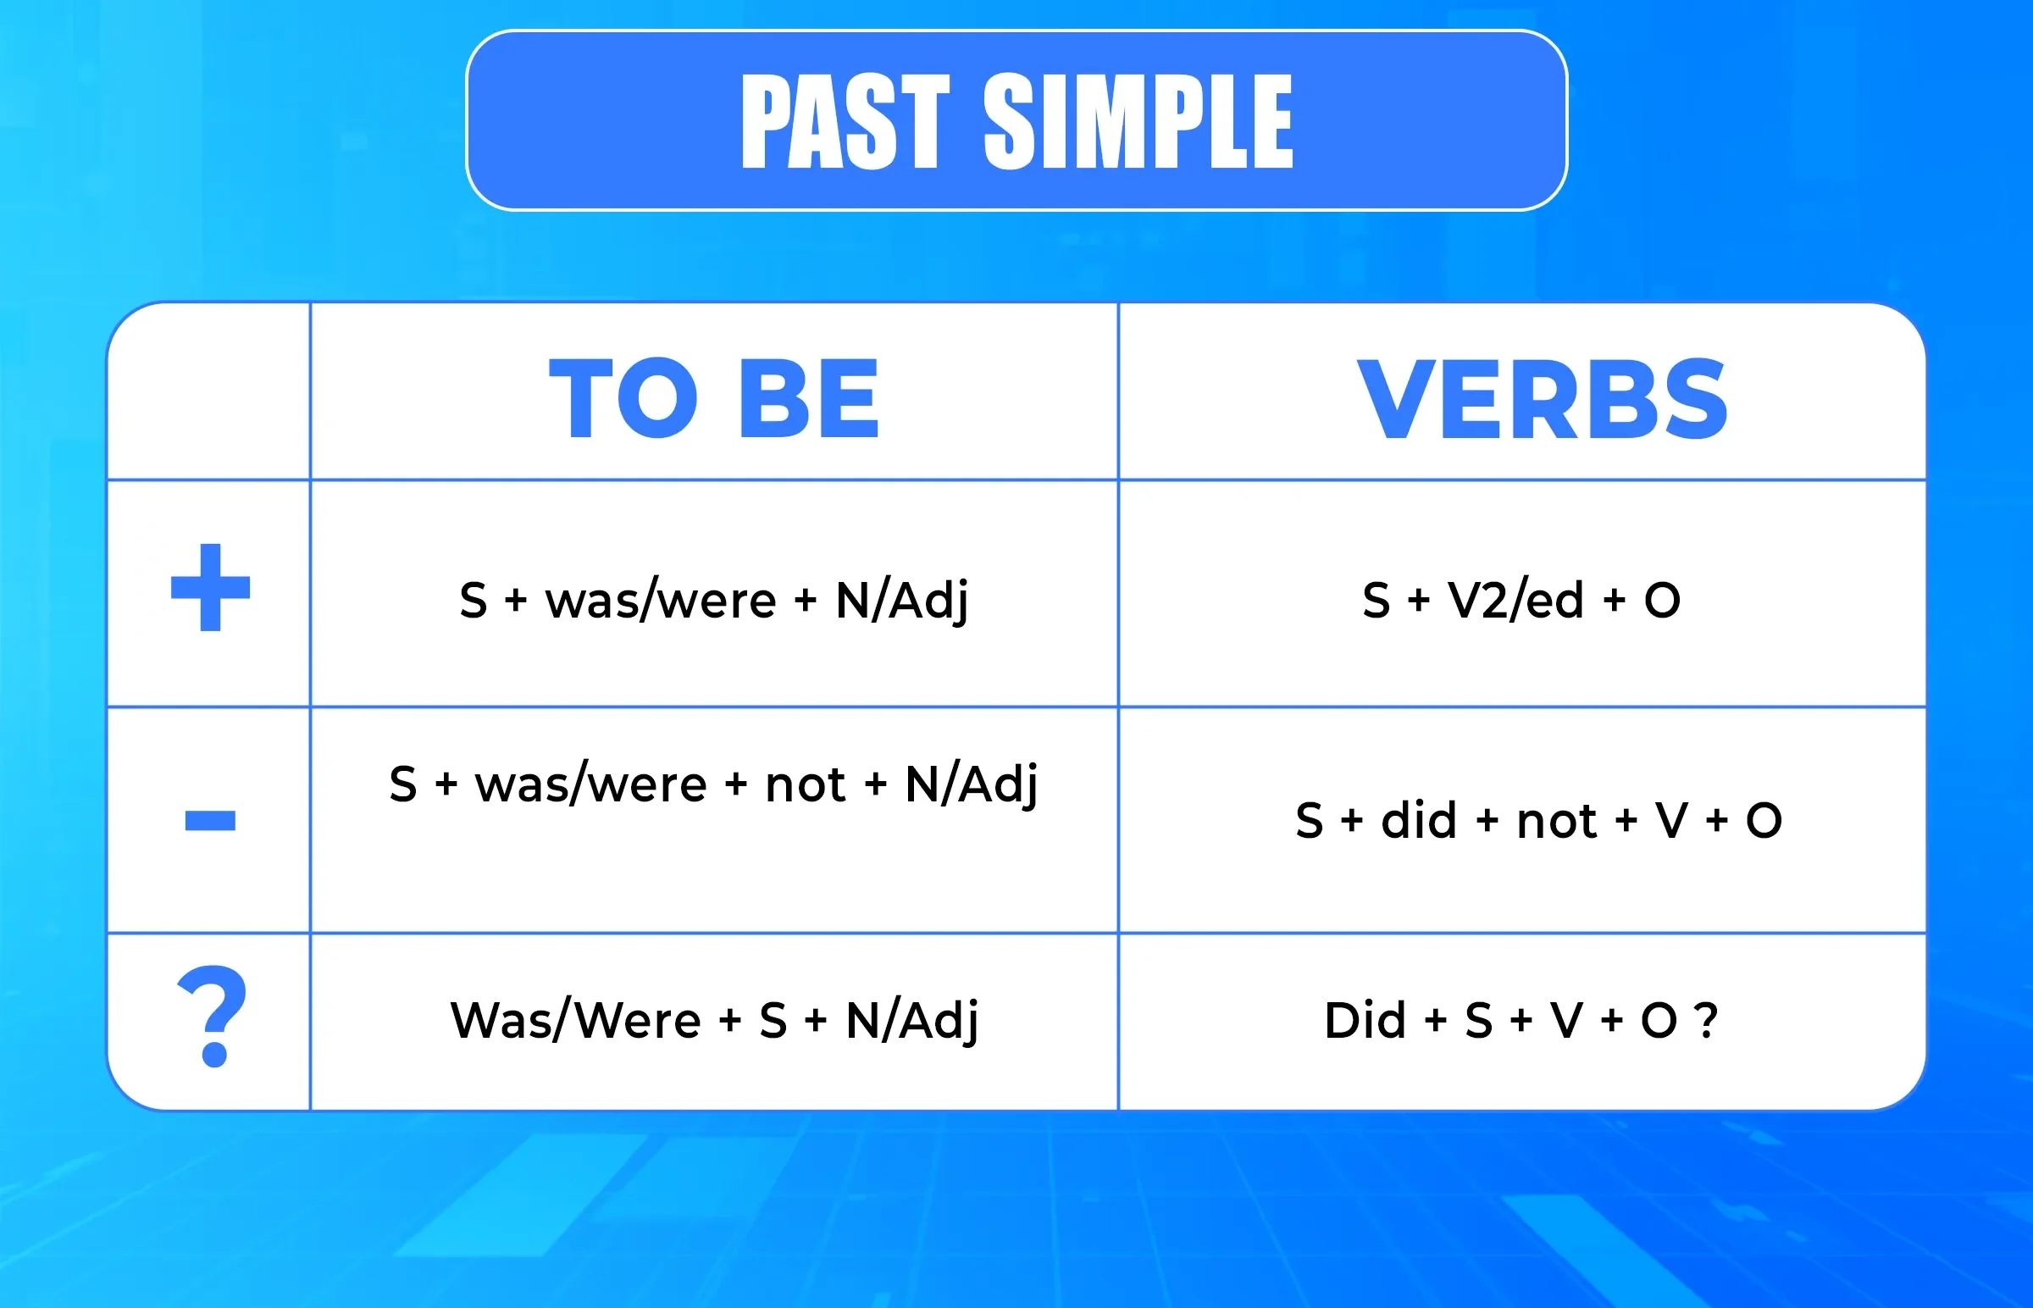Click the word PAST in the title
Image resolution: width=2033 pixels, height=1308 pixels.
click(845, 120)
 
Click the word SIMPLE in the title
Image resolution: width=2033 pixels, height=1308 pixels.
click(1138, 120)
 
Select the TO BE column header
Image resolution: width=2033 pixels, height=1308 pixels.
click(713, 397)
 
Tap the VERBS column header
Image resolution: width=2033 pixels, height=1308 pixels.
click(1543, 397)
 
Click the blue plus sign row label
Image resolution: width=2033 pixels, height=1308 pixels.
click(211, 587)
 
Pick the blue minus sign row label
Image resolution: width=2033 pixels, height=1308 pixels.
click(211, 821)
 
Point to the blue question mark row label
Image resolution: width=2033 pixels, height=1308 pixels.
click(212, 1017)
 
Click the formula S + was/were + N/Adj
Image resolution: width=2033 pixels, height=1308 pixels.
click(713, 601)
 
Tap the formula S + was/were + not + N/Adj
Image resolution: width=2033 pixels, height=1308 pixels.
click(713, 784)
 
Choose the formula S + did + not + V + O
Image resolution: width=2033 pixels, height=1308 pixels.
click(1539, 821)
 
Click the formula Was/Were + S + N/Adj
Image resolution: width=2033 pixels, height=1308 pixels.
click(714, 1020)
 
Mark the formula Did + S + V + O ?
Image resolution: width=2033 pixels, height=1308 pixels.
click(1521, 1020)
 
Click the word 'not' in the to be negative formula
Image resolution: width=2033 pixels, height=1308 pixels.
click(805, 784)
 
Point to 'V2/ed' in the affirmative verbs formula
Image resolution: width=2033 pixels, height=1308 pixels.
click(1515, 600)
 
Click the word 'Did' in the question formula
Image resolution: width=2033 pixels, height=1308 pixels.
click(1365, 1020)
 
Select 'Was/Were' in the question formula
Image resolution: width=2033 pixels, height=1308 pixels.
click(576, 1020)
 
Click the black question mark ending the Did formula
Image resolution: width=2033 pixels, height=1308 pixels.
click(1706, 1021)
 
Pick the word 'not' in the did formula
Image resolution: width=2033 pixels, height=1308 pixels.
click(1558, 823)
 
